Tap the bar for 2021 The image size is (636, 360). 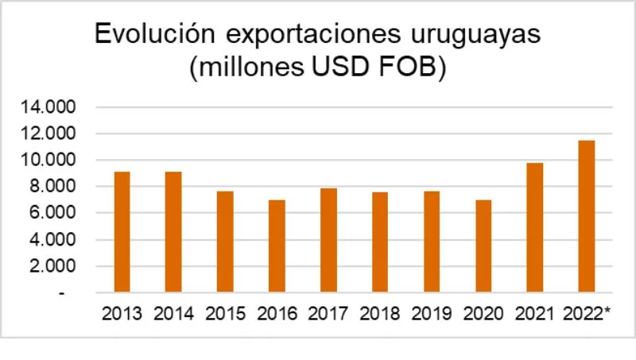click(535, 227)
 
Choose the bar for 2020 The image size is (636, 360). click(483, 246)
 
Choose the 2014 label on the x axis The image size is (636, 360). click(173, 313)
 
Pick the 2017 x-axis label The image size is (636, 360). click(328, 313)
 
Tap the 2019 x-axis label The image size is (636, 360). click(432, 313)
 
